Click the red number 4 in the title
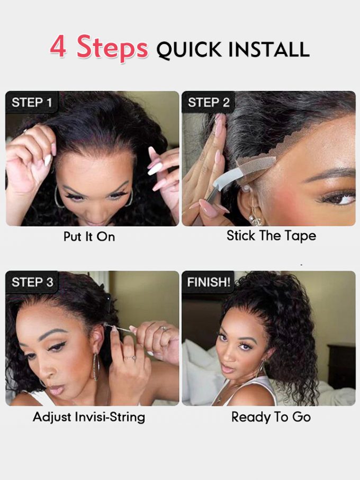pos(58,46)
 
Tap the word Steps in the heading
pos(112,48)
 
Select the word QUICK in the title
pos(189,50)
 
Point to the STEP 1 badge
pos(32,102)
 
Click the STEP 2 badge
pos(209,102)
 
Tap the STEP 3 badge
pos(32,282)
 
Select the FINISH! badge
pos(208,282)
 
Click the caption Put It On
pos(89,237)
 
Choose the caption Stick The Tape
pos(271,236)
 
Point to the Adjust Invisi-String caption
pos(89,417)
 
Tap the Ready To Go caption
pos(271,417)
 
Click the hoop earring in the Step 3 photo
pos(96,367)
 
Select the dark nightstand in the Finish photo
pos(341,362)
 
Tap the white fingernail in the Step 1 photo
pos(155,169)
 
